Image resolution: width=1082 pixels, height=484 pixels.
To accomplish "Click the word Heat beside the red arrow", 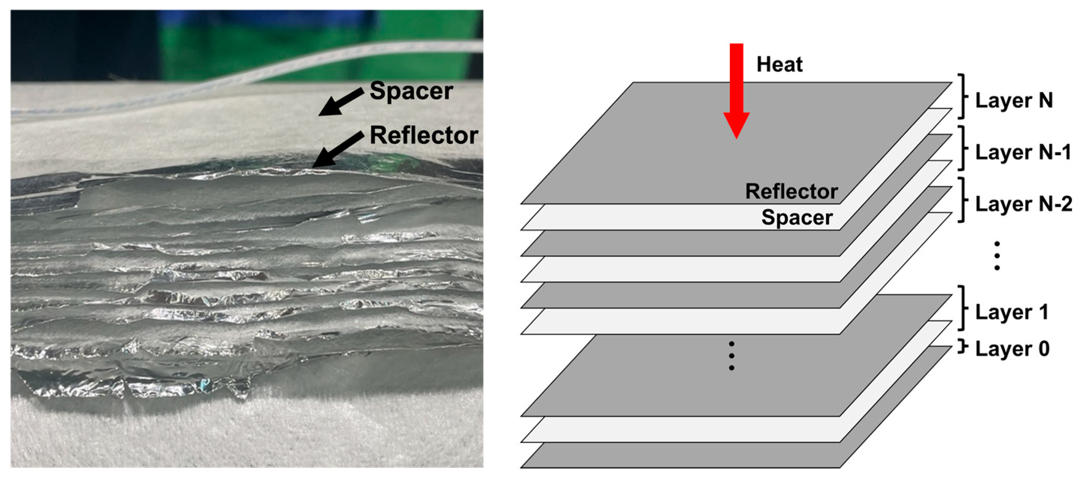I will (779, 64).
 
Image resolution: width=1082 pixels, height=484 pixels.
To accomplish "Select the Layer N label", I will (1014, 100).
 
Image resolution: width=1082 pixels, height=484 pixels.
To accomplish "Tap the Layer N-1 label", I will (1022, 152).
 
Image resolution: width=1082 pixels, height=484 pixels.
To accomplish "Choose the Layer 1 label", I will (1011, 312).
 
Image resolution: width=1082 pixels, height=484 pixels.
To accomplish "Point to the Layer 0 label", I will (1012, 348).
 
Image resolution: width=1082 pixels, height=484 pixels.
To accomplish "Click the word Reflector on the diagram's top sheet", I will (791, 191).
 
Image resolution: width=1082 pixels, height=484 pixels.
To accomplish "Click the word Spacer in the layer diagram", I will (797, 217).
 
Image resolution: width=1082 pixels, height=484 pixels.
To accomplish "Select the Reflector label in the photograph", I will (424, 135).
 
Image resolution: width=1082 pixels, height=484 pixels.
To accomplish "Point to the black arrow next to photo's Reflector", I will (337, 149).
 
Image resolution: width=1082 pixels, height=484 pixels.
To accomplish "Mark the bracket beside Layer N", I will (962, 96).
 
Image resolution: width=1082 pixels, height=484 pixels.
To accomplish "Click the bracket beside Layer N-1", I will (962, 148).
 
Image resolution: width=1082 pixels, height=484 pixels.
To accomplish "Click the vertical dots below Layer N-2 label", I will (997, 256).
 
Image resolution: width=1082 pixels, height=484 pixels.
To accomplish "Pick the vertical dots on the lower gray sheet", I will (731, 356).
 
